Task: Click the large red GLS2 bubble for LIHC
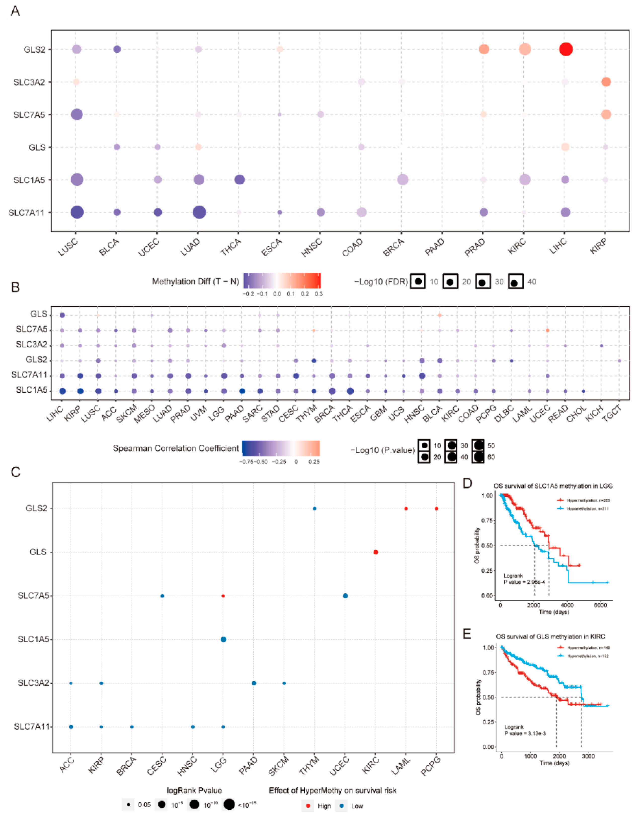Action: pyautogui.click(x=566, y=49)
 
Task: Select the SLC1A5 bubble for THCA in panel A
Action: pyautogui.click(x=240, y=180)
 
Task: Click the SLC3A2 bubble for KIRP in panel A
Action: pyautogui.click(x=606, y=82)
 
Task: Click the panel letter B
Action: pyautogui.click(x=15, y=287)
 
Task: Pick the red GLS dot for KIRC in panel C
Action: pyautogui.click(x=375, y=552)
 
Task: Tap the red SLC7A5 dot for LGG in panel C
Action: pyautogui.click(x=223, y=596)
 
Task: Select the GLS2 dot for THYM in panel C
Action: pyautogui.click(x=315, y=509)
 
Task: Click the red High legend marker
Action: pyautogui.click(x=308, y=806)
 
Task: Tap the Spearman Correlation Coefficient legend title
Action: pyautogui.click(x=176, y=448)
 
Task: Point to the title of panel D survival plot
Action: pyautogui.click(x=553, y=486)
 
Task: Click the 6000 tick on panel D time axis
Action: pyautogui.click(x=600, y=605)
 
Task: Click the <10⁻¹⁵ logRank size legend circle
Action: pyautogui.click(x=229, y=805)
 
